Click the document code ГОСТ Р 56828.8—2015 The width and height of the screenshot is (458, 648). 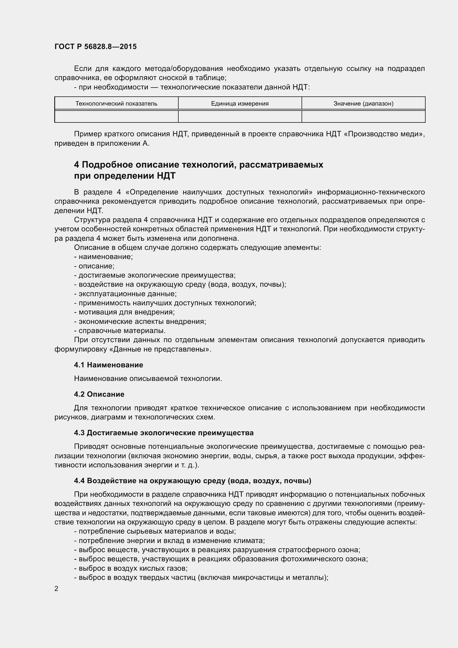96,47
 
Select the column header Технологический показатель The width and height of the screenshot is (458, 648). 116,104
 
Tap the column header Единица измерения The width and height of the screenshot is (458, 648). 240,104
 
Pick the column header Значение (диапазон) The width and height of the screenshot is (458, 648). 363,104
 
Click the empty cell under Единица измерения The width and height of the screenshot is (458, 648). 240,116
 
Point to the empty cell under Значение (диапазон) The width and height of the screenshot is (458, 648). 363,116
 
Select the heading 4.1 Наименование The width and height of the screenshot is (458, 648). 109,365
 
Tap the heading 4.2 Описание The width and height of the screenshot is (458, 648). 99,394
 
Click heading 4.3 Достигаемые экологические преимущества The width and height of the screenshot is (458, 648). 164,433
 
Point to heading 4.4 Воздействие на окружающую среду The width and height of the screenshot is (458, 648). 193,481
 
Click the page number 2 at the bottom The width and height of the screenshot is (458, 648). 56,588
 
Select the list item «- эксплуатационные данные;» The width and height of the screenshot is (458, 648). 125,294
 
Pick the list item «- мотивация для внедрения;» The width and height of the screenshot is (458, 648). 124,312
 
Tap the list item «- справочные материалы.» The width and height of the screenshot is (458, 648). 120,331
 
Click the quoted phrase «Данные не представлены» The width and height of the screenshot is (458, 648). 160,349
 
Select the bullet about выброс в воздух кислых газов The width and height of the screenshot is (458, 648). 131,568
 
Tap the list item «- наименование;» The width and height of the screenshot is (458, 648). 104,257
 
